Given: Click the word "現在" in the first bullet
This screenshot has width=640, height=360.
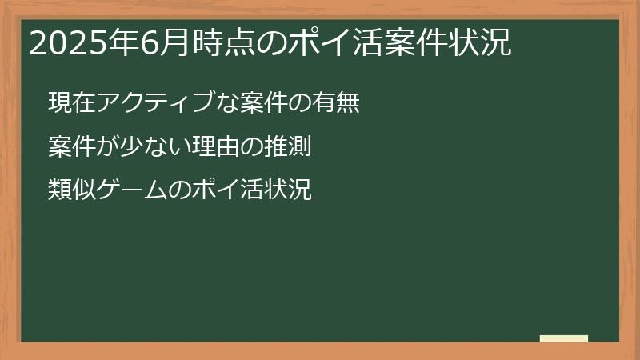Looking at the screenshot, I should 70,103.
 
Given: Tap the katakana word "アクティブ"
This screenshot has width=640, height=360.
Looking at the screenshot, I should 148,103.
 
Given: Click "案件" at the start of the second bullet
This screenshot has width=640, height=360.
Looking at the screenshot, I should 70,146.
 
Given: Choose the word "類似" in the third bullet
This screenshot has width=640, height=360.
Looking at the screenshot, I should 70,190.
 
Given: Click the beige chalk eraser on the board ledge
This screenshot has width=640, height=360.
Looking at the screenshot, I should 564,338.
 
